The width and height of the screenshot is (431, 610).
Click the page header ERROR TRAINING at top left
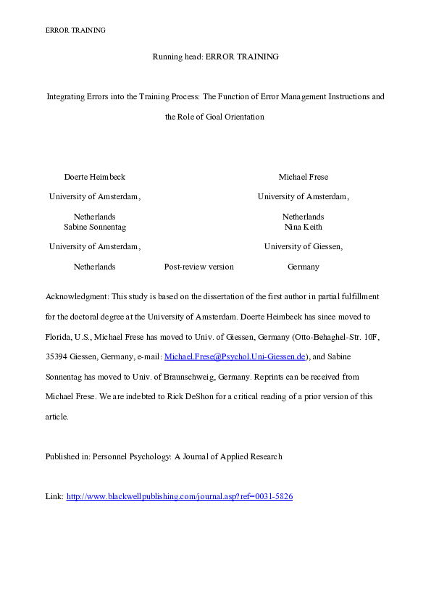coord(75,30)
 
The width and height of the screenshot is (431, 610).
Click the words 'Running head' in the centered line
coord(174,57)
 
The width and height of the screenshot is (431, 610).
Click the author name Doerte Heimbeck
coord(94,177)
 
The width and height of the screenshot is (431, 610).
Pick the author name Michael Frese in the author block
coord(303,177)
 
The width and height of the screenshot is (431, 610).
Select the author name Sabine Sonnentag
coord(95,227)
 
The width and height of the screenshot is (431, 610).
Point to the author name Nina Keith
coord(303,227)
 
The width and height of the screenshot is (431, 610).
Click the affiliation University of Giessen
coord(303,246)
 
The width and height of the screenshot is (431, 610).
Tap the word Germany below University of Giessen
coord(303,267)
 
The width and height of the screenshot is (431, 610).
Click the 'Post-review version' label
coord(199,267)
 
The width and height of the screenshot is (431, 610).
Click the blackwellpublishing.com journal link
coord(179,496)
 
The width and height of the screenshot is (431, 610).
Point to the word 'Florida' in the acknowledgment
coord(57,338)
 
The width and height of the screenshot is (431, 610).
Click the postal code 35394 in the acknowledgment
coord(57,357)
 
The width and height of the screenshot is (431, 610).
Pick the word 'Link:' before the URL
coord(54,496)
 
